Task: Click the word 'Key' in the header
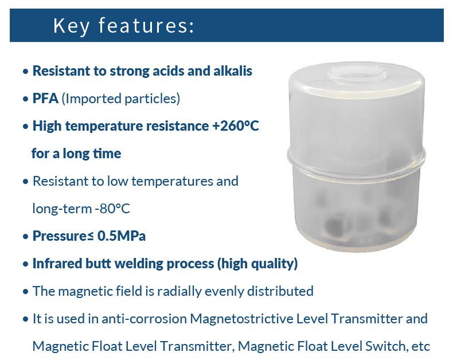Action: click(x=71, y=26)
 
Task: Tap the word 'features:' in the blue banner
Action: click(x=146, y=25)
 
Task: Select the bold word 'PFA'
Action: click(x=45, y=99)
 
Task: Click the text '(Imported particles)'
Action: click(x=121, y=99)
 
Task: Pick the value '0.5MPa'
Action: click(x=122, y=236)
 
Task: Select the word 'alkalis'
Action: click(x=233, y=71)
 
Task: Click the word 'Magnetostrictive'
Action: click(x=241, y=319)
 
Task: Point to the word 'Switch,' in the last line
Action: click(x=385, y=346)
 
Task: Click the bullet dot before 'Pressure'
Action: click(x=26, y=237)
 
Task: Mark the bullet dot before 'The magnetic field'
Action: click(x=26, y=292)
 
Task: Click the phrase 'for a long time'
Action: click(x=76, y=154)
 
